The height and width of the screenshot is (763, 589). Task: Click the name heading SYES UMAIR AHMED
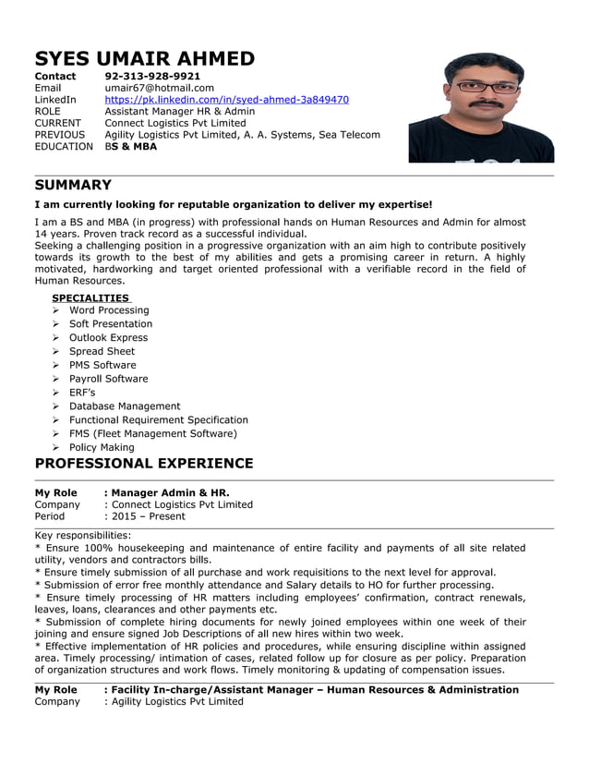pos(144,59)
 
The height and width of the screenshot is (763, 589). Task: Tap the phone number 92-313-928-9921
pos(152,76)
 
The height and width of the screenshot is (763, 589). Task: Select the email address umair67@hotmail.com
pos(159,88)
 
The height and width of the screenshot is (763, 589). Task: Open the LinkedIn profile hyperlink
pos(226,100)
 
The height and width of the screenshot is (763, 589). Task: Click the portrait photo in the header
pos(481,107)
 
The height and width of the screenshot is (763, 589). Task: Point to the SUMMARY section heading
pos(73,185)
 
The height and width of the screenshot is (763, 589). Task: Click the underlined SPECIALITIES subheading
pos(90,297)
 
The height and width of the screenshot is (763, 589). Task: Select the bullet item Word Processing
pos(108,310)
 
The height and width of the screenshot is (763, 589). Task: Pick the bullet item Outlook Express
pos(108,337)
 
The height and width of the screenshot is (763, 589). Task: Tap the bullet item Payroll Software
pos(108,379)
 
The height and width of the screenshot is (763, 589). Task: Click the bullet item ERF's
pos(82,393)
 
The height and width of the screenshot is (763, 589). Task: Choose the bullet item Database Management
pos(125,406)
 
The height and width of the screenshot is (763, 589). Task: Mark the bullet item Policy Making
pos(102,447)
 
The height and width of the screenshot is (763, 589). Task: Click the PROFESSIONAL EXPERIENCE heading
pos(143,463)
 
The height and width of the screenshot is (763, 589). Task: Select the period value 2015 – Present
pos(148,516)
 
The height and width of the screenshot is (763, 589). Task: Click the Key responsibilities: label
pos(83,535)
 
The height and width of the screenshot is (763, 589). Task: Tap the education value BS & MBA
pos(131,146)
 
